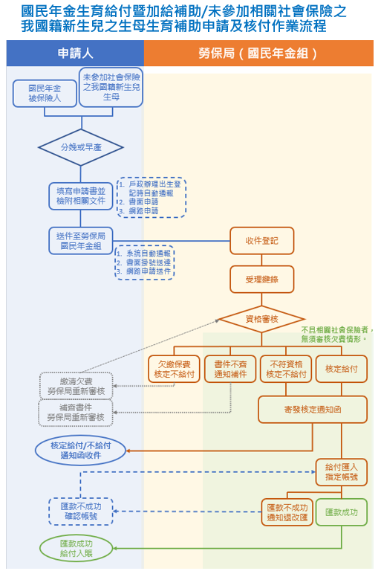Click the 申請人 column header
(x=74, y=54)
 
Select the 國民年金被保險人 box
(x=44, y=94)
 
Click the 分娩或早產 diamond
(x=80, y=147)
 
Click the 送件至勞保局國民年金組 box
(x=81, y=240)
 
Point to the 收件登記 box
(x=261, y=241)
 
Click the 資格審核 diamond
(x=261, y=319)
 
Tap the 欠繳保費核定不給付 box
(x=174, y=370)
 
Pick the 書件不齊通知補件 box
(x=229, y=370)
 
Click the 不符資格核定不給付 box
(x=285, y=370)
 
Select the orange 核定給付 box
(x=341, y=370)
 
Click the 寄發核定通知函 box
(x=313, y=409)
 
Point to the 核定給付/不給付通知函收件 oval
(x=80, y=450)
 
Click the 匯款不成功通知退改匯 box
(x=286, y=512)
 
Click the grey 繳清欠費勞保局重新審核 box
(x=76, y=385)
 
